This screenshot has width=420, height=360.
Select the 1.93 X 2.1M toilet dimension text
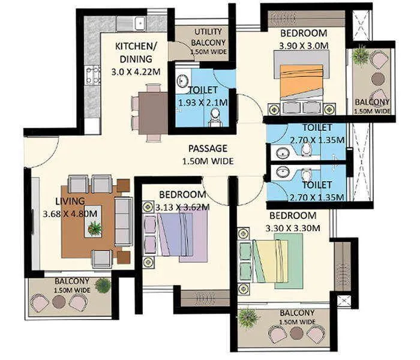(203, 103)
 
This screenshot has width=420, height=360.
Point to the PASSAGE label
(207, 148)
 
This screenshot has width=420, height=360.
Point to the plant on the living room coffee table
(94, 228)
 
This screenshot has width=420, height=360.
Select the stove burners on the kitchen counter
(92, 74)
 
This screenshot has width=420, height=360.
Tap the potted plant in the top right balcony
(361, 56)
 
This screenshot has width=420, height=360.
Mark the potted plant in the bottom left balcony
(103, 286)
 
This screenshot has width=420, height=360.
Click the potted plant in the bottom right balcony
(246, 318)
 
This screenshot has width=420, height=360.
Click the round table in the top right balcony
(377, 79)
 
